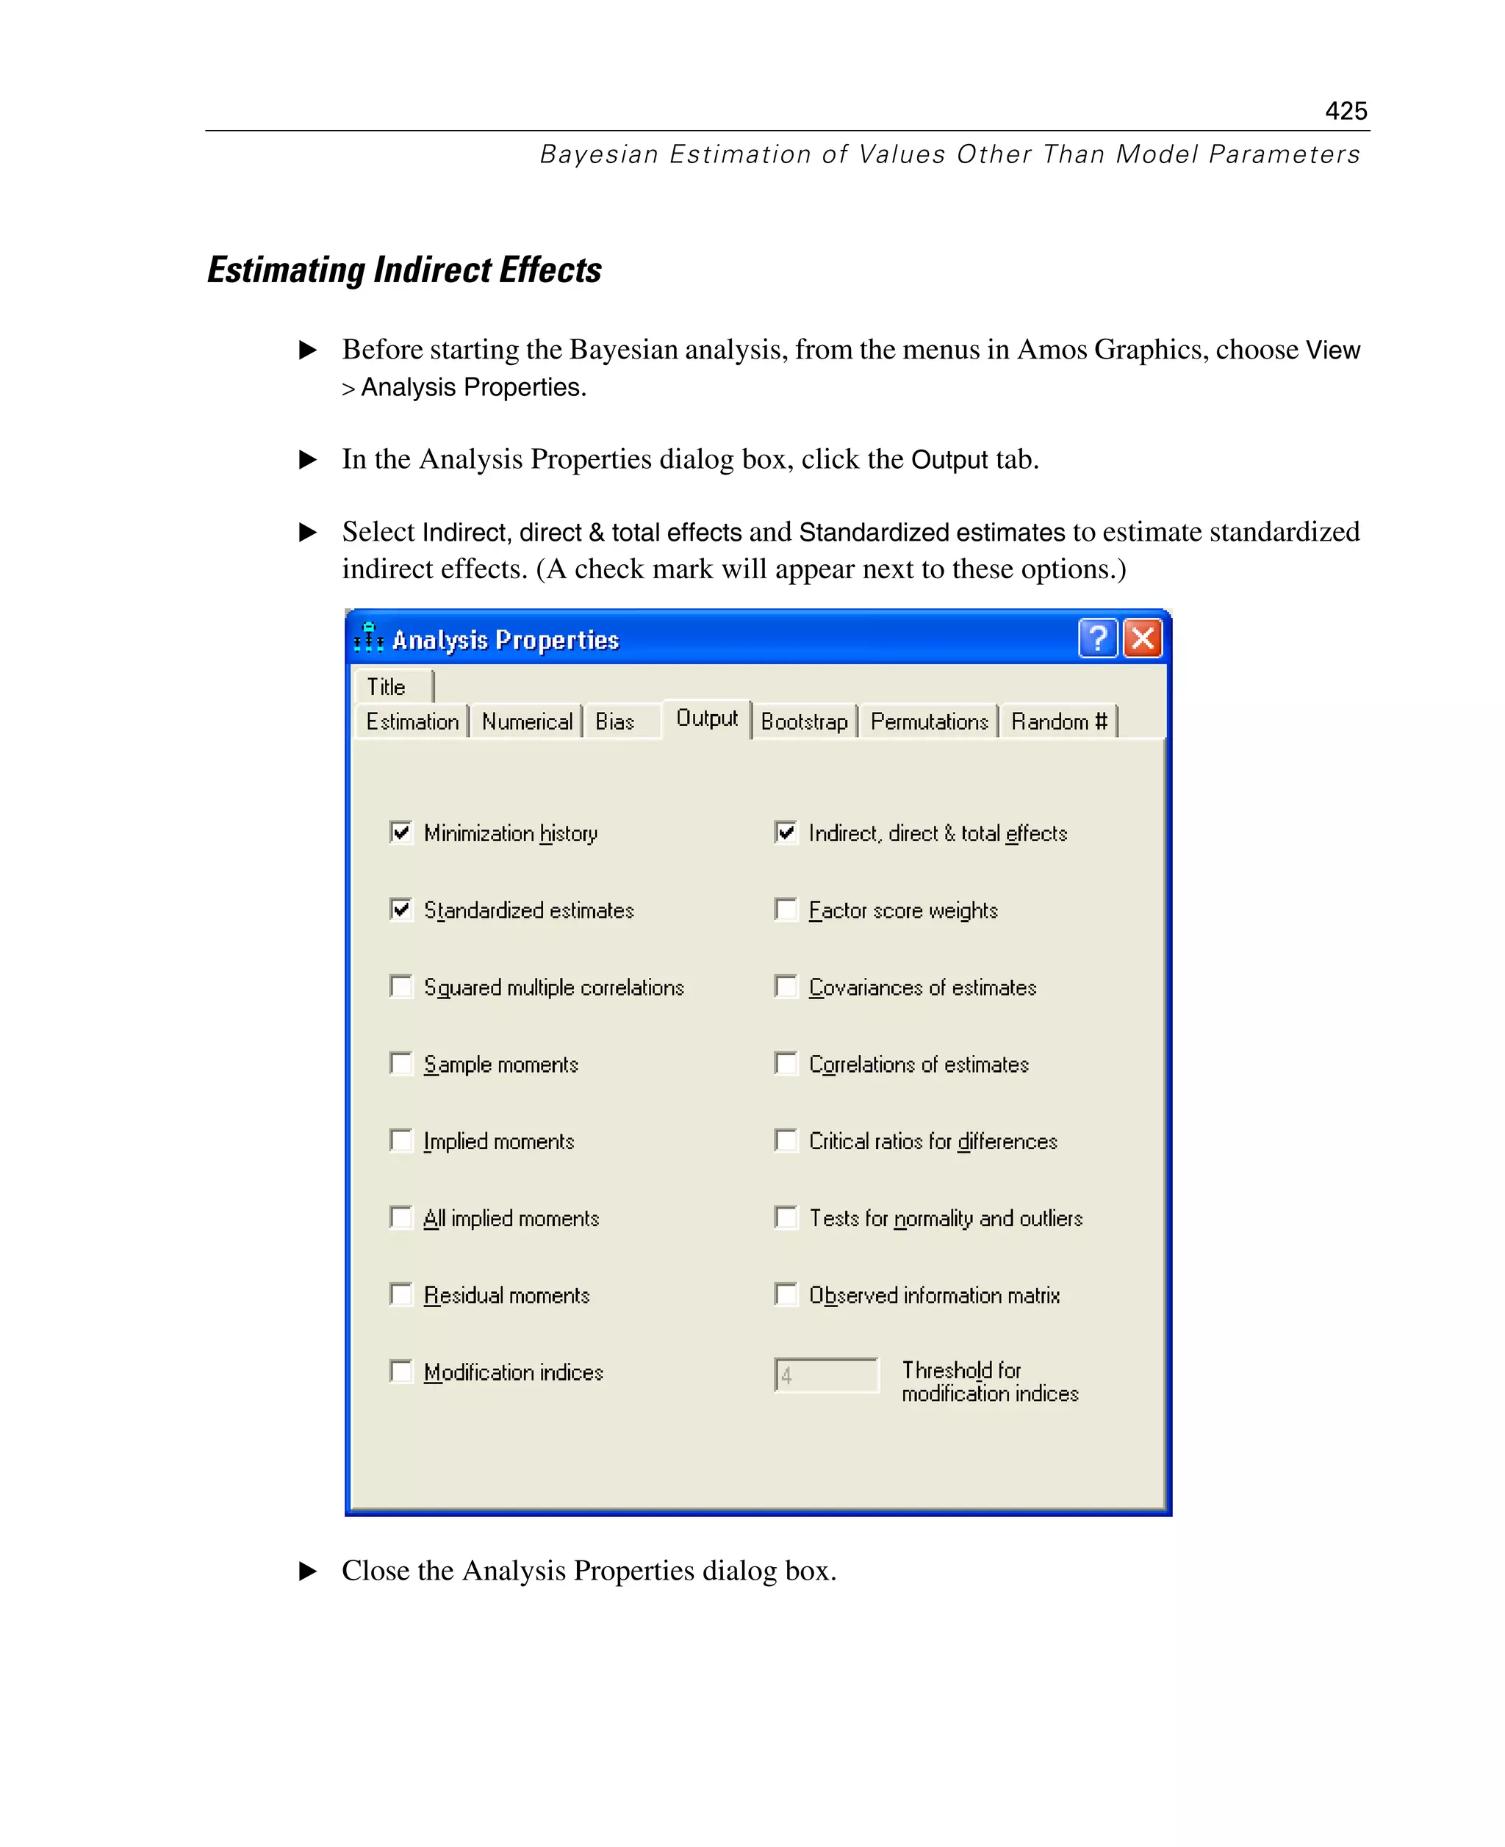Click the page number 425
1345,111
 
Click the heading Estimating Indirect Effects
404,270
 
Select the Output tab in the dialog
706,719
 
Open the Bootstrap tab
804,722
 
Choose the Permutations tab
928,722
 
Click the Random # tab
1058,722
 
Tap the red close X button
1142,638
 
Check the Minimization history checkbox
401,833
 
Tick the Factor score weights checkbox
786,910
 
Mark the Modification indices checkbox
401,1371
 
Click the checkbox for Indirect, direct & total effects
786,833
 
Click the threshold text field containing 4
826,1375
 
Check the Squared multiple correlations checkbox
401,987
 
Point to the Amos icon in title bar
368,638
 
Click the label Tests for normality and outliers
945,1219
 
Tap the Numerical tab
526,722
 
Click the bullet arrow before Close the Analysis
308,1571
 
